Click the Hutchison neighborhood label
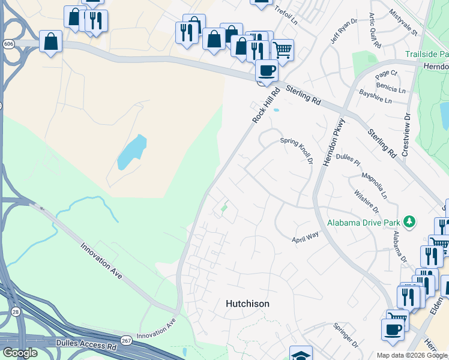247,304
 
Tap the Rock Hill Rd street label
267,106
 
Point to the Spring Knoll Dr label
297,151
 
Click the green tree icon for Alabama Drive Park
409,223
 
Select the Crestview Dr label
406,134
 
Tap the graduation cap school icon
301,354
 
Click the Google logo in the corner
19,353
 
